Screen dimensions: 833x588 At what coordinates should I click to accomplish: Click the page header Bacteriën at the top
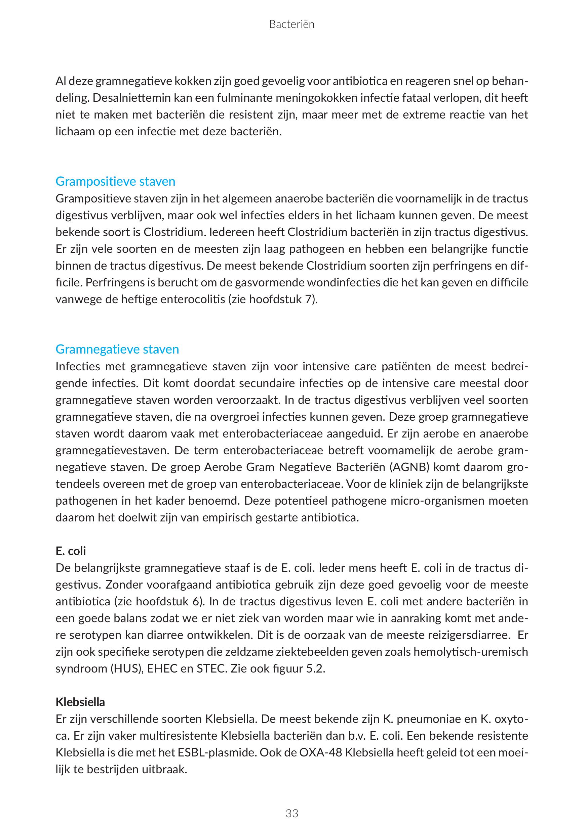tap(291, 24)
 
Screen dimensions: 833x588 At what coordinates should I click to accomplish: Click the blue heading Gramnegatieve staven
tap(117, 349)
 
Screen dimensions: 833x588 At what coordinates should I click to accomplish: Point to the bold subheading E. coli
tap(71, 551)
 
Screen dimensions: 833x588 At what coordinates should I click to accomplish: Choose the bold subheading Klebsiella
tap(80, 702)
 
